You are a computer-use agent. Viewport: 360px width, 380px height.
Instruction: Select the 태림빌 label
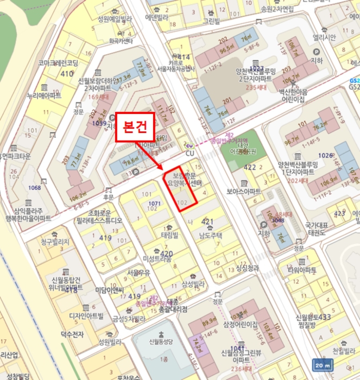(x=170, y=236)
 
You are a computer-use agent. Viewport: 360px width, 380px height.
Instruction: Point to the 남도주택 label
(x=210, y=236)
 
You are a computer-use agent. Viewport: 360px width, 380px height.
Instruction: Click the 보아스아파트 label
(x=244, y=192)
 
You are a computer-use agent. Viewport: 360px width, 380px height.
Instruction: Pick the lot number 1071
(x=155, y=203)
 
